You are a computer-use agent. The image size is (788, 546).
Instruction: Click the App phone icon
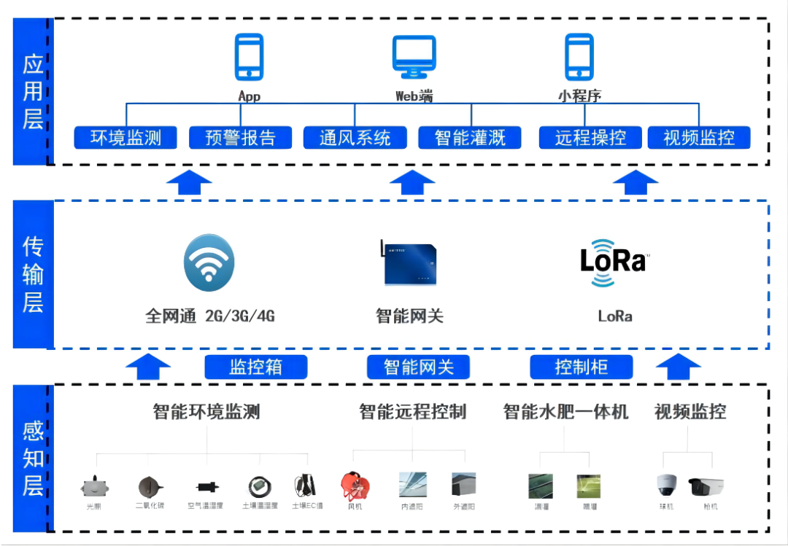click(x=249, y=57)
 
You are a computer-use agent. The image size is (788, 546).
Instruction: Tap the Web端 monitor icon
click(x=414, y=57)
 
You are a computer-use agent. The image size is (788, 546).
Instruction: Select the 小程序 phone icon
click(x=579, y=57)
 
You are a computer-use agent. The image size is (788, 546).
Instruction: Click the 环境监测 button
click(x=125, y=137)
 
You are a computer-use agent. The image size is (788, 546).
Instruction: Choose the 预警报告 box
click(x=240, y=137)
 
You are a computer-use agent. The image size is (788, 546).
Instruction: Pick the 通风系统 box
click(x=355, y=137)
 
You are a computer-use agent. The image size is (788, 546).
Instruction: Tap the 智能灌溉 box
click(x=470, y=137)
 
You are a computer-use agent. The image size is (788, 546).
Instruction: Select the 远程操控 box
click(x=590, y=137)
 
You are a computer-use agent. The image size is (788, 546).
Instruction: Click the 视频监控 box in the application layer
click(x=699, y=137)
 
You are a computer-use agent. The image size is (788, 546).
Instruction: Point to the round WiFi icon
click(x=209, y=263)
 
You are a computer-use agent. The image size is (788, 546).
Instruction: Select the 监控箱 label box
click(x=255, y=367)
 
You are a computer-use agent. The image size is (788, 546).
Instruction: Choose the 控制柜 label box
click(x=581, y=367)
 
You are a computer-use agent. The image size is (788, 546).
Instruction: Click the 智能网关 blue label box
click(x=418, y=367)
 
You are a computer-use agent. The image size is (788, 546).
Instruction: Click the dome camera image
click(x=668, y=485)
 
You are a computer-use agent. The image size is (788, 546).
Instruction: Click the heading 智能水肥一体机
click(x=565, y=412)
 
